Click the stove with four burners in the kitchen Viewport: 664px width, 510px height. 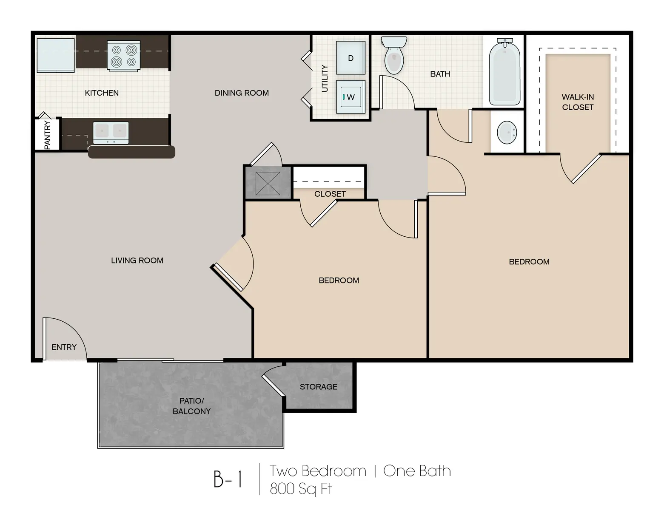123,56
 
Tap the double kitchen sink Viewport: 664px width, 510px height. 111,132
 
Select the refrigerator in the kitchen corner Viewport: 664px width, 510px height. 56,55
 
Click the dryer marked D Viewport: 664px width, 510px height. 351,58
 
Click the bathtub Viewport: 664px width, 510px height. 504,74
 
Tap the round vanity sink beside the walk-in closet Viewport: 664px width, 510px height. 507,133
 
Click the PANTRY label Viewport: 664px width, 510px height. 47,135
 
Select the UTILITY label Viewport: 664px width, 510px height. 325,78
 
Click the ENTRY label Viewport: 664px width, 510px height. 64,347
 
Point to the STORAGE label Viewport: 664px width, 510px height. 318,387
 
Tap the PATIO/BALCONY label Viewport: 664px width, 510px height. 191,406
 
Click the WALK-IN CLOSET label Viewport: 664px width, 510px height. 577,102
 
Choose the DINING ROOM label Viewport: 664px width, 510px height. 242,93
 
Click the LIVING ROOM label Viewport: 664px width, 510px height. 137,261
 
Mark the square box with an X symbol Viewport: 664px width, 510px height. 268,184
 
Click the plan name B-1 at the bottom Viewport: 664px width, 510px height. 228,479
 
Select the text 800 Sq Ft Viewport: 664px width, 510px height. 301,489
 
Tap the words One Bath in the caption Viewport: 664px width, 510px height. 417,471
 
